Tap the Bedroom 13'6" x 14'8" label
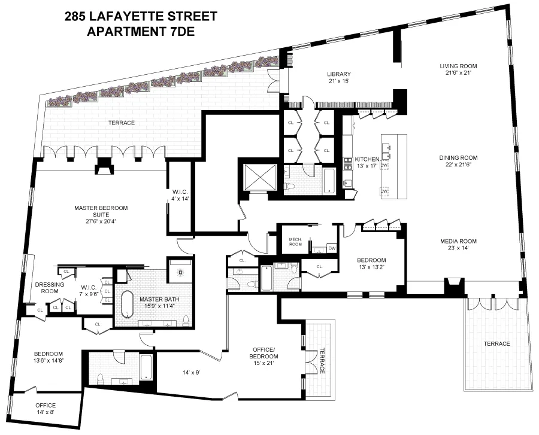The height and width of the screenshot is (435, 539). click(48, 357)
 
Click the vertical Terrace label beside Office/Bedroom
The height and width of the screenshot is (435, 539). click(322, 361)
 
